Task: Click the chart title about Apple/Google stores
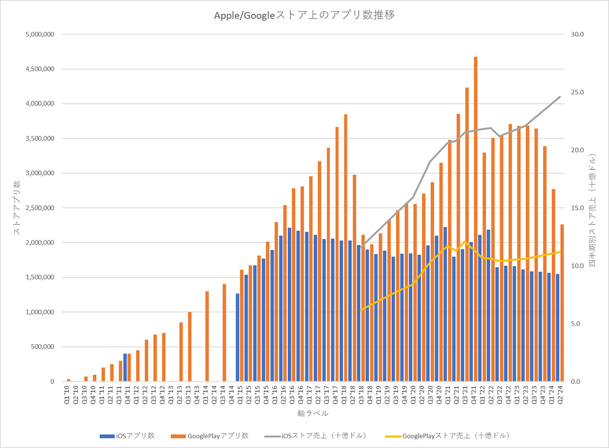pos(304,15)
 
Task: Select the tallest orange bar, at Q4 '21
pos(476,218)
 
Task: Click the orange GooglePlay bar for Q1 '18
pos(346,248)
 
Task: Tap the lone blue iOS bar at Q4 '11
pos(125,367)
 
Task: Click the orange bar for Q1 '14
pos(207,337)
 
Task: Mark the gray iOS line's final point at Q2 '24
pos(560,97)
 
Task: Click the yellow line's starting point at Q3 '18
pos(361,310)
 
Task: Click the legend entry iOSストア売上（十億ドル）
pos(315,435)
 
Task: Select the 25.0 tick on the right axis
pos(579,92)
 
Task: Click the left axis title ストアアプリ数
pos(16,208)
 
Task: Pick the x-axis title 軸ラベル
pos(313,414)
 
